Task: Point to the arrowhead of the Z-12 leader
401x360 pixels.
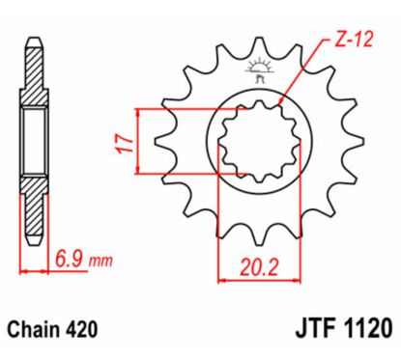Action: coord(281,102)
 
